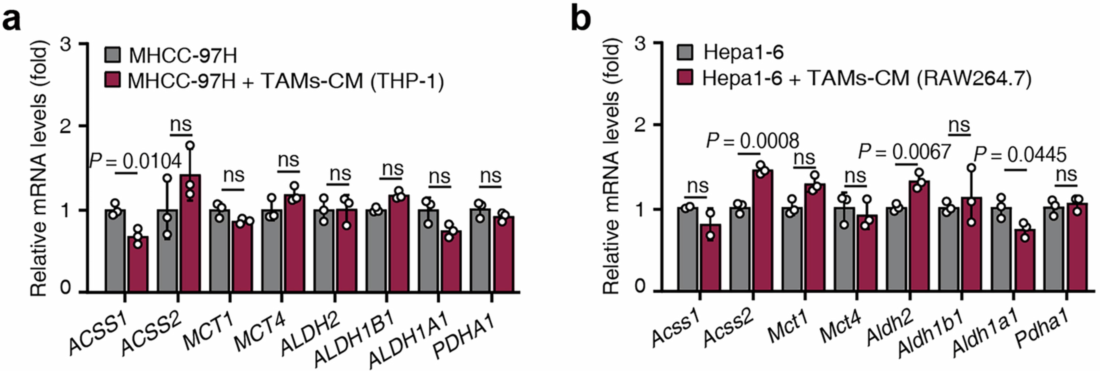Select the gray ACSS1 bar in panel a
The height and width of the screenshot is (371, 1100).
click(x=115, y=252)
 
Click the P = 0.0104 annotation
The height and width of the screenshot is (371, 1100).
click(x=135, y=161)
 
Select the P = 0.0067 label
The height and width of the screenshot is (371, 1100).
click(x=904, y=151)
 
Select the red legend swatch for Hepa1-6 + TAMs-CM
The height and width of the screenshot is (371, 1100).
click(x=685, y=78)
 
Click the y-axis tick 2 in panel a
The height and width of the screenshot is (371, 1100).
click(x=65, y=126)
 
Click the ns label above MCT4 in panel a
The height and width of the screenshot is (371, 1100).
click(x=288, y=160)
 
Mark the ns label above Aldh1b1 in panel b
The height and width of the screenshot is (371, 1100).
click(x=959, y=125)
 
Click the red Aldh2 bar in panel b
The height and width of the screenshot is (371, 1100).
click(x=919, y=237)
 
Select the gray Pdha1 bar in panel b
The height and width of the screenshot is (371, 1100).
click(x=1054, y=250)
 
